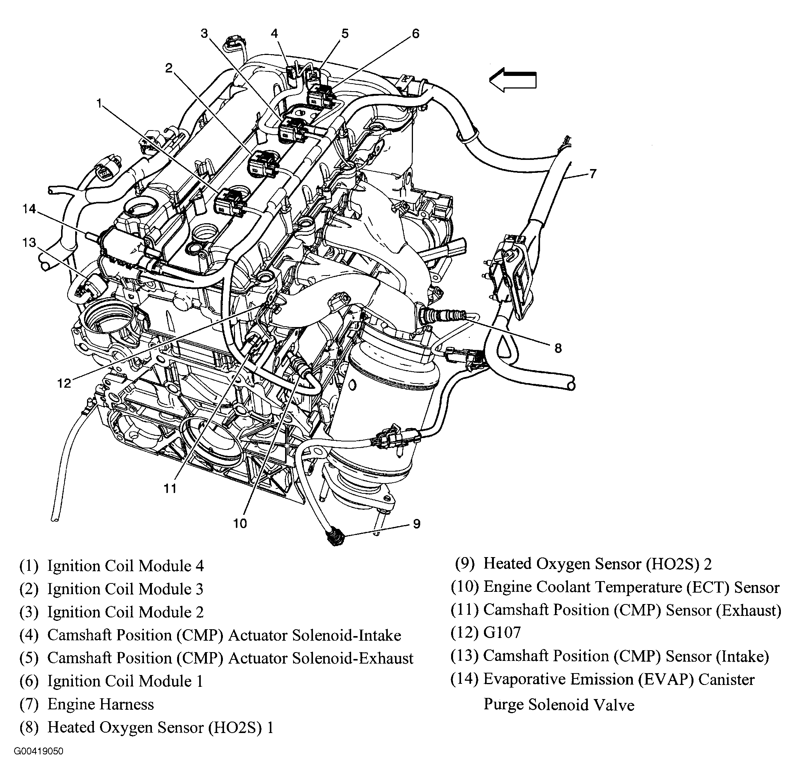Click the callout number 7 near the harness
592,174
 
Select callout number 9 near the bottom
416,524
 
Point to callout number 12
64,383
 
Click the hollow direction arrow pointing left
513,80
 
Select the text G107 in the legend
502,632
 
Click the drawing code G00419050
38,751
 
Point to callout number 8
558,348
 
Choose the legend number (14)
464,679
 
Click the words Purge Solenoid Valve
558,705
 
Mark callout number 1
99,103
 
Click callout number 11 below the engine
170,488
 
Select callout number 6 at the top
415,34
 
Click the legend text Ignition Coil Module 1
125,681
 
